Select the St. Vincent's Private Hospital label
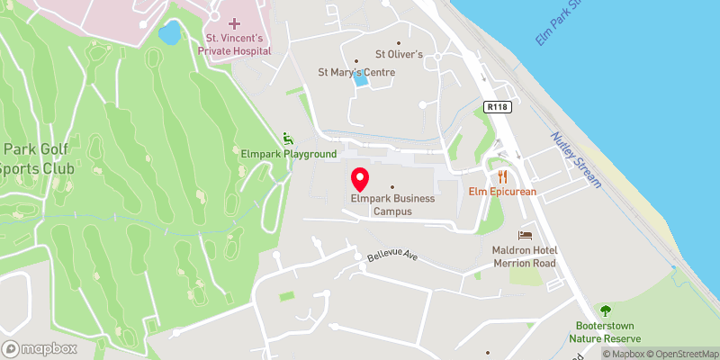235,45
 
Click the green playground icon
288,139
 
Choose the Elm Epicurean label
501,191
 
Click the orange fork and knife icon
503,175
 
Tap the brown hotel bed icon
526,234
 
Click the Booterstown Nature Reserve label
608,332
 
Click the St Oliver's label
399,54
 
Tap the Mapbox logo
38,348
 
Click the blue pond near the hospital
169,34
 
